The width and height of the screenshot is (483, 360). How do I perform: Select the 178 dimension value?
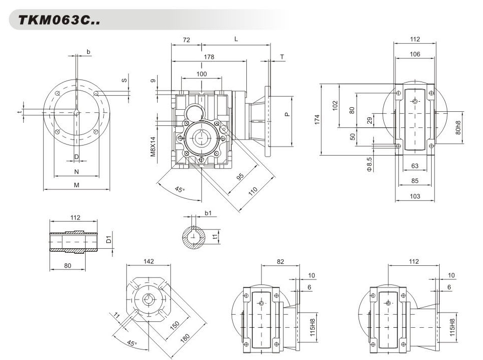click(x=209, y=57)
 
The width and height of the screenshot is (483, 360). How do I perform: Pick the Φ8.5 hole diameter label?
click(x=369, y=165)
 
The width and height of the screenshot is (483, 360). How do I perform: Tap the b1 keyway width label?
click(x=208, y=213)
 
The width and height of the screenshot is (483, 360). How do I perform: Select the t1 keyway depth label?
click(x=215, y=236)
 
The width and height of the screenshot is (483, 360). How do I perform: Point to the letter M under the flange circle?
click(x=77, y=185)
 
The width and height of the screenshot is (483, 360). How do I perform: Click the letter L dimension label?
click(x=236, y=39)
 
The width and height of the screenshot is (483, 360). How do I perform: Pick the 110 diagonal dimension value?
click(x=253, y=190)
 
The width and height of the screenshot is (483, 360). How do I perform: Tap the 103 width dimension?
click(x=415, y=196)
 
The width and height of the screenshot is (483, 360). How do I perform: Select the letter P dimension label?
click(x=287, y=114)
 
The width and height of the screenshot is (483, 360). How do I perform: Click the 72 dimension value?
click(x=186, y=39)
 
